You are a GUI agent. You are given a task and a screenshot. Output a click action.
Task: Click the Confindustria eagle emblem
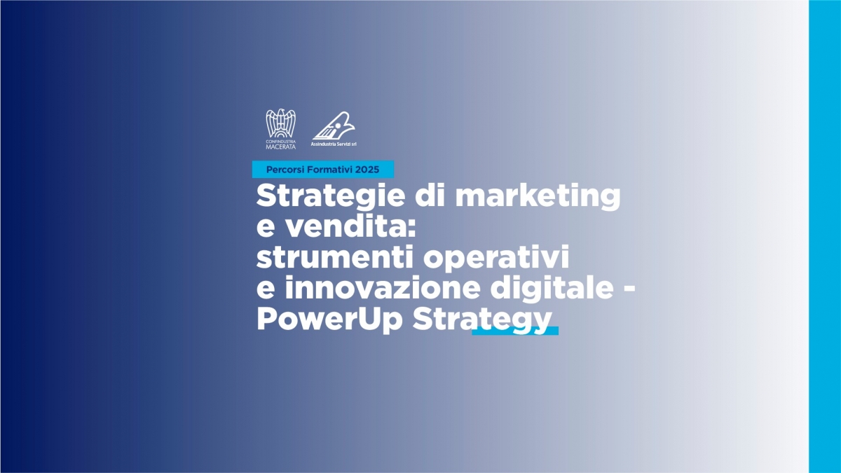[280, 123]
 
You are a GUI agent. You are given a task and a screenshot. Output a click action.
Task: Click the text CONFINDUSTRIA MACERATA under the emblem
[280, 144]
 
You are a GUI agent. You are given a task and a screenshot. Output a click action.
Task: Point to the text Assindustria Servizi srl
[334, 144]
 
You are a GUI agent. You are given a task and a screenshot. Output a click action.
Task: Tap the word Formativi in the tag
[330, 170]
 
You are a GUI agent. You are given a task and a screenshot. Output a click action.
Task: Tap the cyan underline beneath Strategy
[515, 331]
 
